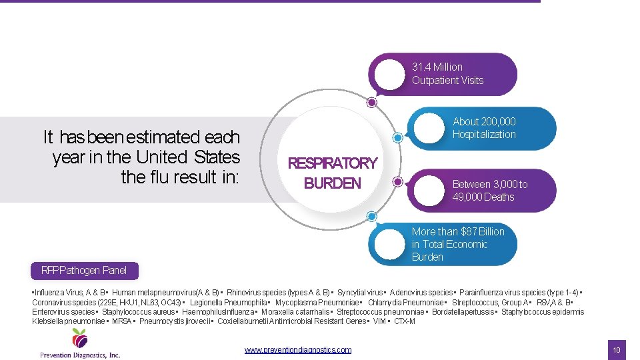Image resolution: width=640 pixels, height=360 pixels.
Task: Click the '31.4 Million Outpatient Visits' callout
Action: click(x=447, y=74)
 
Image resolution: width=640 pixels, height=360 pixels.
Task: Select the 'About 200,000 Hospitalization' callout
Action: click(x=485, y=128)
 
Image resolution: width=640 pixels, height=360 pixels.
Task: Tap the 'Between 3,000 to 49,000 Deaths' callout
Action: click(x=489, y=191)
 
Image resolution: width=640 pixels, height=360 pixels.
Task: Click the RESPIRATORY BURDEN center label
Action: click(x=332, y=173)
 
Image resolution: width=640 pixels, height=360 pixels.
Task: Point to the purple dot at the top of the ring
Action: click(x=372, y=103)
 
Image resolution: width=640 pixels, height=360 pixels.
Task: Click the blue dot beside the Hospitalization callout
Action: click(x=397, y=138)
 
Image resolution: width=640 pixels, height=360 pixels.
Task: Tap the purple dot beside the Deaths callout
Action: click(x=397, y=181)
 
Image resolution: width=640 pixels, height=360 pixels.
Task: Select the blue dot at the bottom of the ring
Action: click(x=372, y=216)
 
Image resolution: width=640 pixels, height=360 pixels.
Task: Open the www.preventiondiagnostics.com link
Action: click(x=297, y=349)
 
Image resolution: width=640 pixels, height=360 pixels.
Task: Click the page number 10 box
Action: click(x=617, y=349)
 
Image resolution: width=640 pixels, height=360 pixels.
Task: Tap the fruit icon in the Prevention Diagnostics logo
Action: click(x=80, y=339)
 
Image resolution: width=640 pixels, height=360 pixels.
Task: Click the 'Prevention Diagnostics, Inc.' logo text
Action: click(x=80, y=355)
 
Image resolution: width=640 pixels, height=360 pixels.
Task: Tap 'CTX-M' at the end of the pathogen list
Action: click(x=404, y=321)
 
